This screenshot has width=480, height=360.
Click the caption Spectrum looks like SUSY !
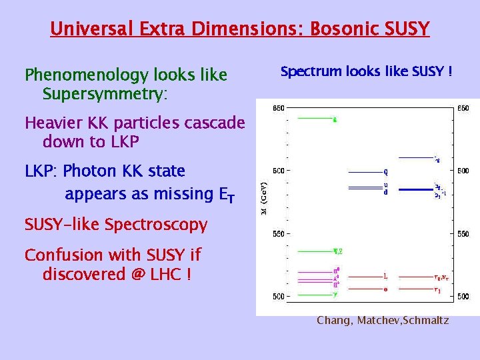(x=366, y=71)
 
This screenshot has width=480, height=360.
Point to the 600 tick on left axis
(x=277, y=171)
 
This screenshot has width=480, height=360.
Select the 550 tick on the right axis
(x=463, y=234)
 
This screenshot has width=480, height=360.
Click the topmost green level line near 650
(x=314, y=119)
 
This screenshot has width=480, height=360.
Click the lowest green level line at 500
(x=314, y=295)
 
